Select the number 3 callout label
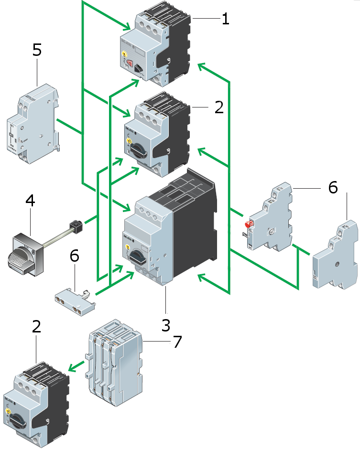(166, 325)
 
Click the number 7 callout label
(177, 342)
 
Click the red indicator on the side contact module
(248, 224)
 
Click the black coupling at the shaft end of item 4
(77, 223)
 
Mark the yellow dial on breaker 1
(123, 56)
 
